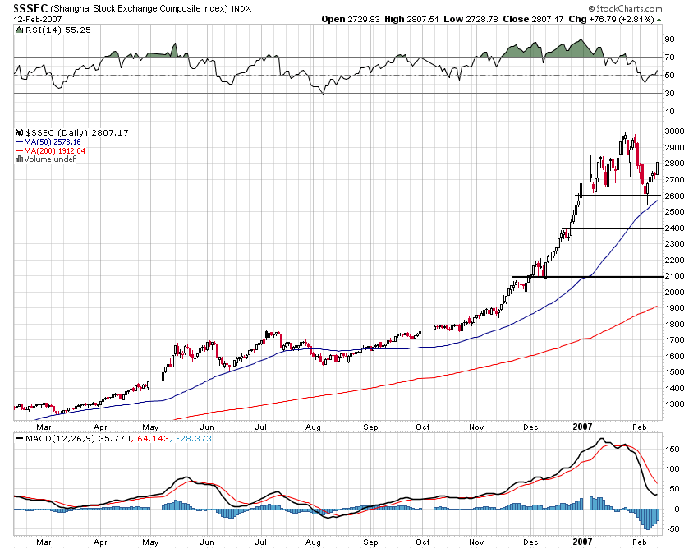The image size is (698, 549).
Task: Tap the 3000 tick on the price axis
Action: [x=675, y=131]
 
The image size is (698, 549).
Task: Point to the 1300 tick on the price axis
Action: [x=675, y=404]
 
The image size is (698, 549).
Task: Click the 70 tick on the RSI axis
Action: [x=669, y=58]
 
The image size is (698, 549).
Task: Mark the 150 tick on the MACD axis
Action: [x=673, y=450]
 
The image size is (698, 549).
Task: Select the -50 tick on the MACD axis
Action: [x=673, y=529]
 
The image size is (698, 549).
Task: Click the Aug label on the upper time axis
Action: [x=313, y=427]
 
